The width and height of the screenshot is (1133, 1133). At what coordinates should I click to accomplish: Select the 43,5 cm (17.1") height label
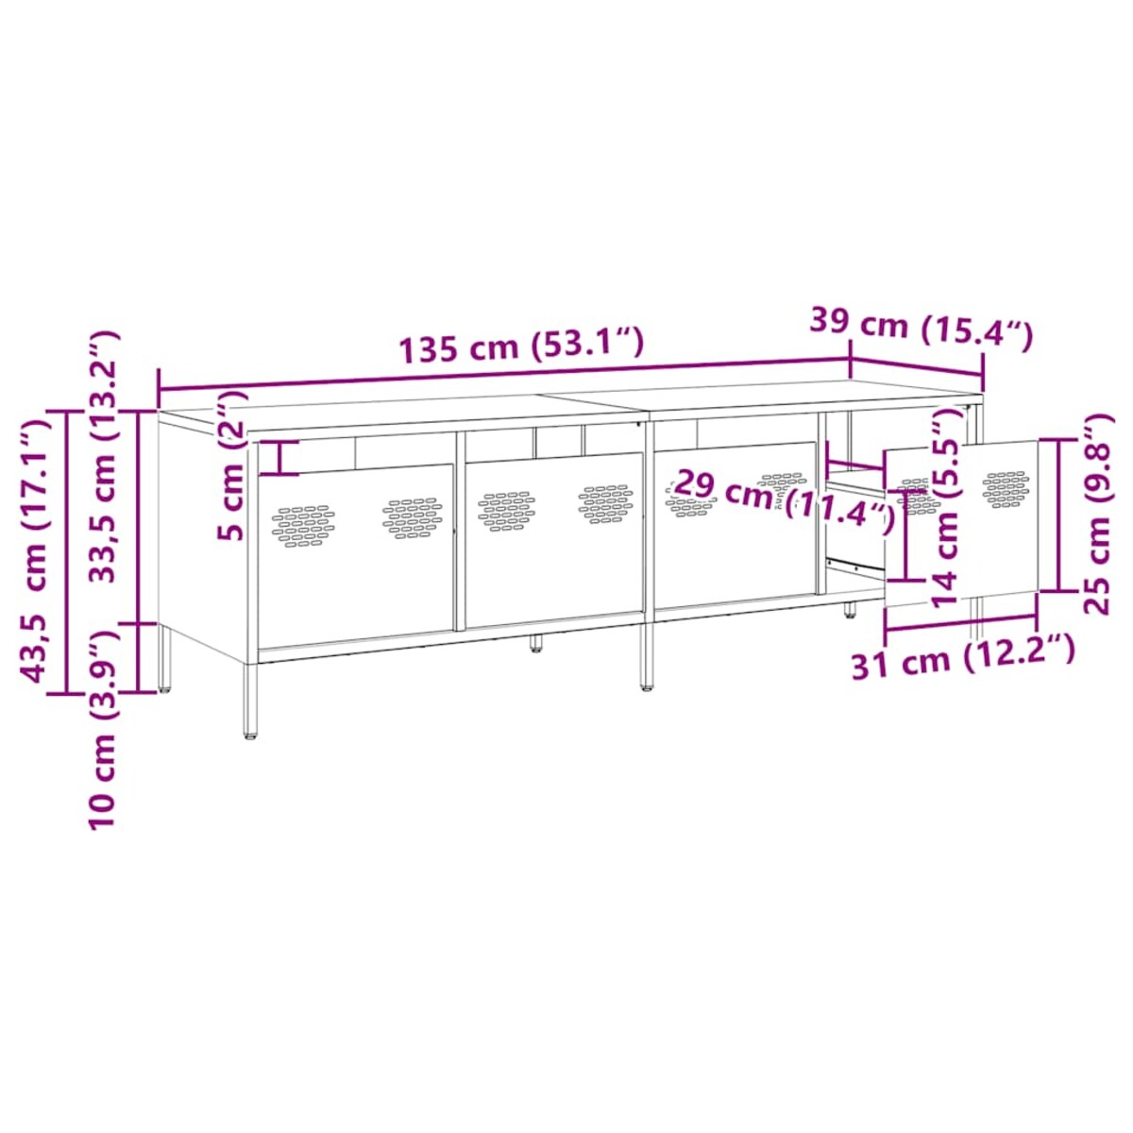coord(35,551)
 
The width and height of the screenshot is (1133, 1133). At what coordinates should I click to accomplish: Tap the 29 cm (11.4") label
coord(784,499)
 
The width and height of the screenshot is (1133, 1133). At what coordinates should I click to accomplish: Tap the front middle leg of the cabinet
coord(647,656)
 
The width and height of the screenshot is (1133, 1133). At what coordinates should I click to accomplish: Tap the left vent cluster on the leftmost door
coord(303,525)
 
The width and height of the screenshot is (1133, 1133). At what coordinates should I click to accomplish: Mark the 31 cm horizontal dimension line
coord(961,623)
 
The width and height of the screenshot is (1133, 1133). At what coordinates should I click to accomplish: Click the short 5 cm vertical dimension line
coord(280,458)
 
